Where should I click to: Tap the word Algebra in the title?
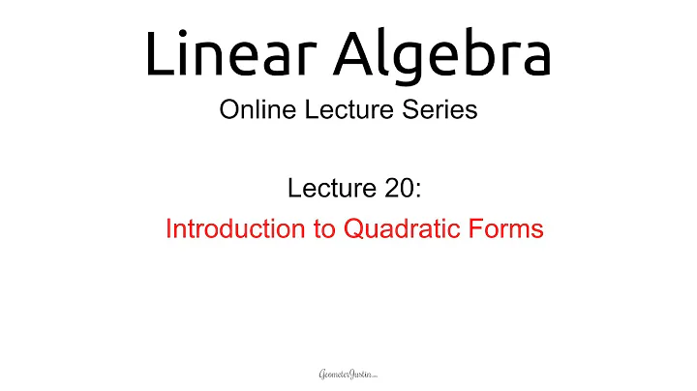click(x=444, y=54)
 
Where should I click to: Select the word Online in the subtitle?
click(x=255, y=110)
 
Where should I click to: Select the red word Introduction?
click(x=224, y=229)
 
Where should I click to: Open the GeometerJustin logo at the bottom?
click(x=348, y=373)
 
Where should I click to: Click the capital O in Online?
click(x=229, y=110)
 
